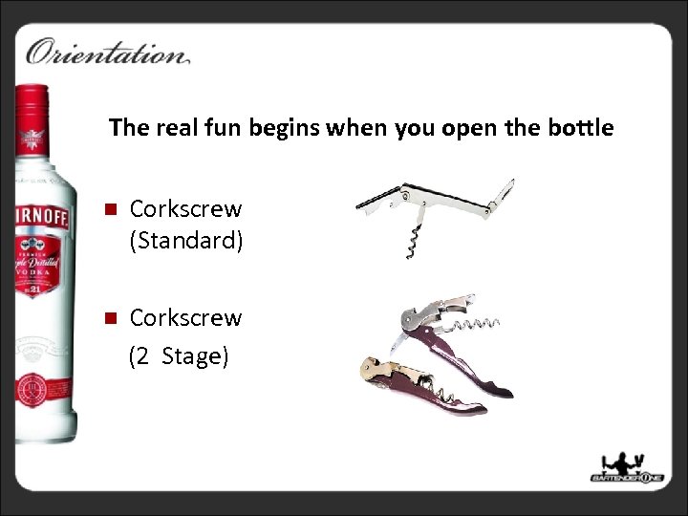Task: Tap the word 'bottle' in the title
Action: (579, 127)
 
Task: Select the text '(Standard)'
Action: (186, 241)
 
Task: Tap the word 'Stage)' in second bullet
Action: (195, 356)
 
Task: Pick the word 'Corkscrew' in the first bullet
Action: (185, 208)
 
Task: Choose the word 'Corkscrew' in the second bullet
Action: (185, 317)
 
